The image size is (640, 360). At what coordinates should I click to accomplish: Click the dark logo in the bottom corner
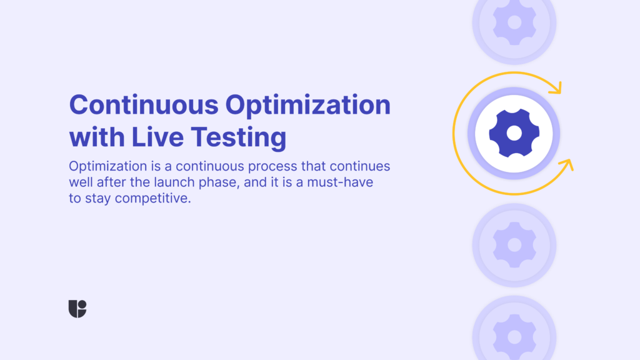(x=77, y=309)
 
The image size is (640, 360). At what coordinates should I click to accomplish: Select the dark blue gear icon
(x=514, y=133)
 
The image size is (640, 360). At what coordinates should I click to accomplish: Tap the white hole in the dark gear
(x=514, y=133)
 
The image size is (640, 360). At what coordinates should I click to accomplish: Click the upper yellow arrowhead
(x=556, y=87)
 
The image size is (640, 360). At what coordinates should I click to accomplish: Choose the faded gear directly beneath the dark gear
(x=514, y=245)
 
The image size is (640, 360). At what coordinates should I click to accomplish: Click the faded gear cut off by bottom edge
(x=514, y=334)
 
